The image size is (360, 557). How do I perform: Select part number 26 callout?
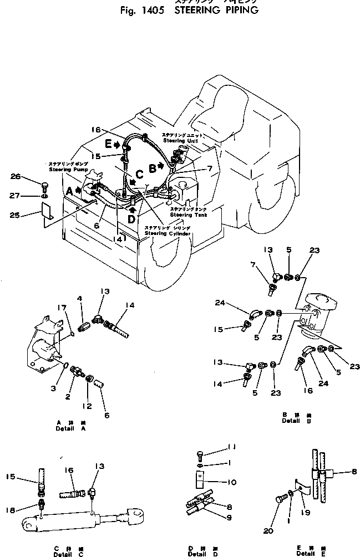(x=16, y=177)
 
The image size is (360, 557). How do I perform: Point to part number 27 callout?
(x=16, y=195)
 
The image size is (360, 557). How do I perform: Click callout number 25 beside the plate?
(x=16, y=214)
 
